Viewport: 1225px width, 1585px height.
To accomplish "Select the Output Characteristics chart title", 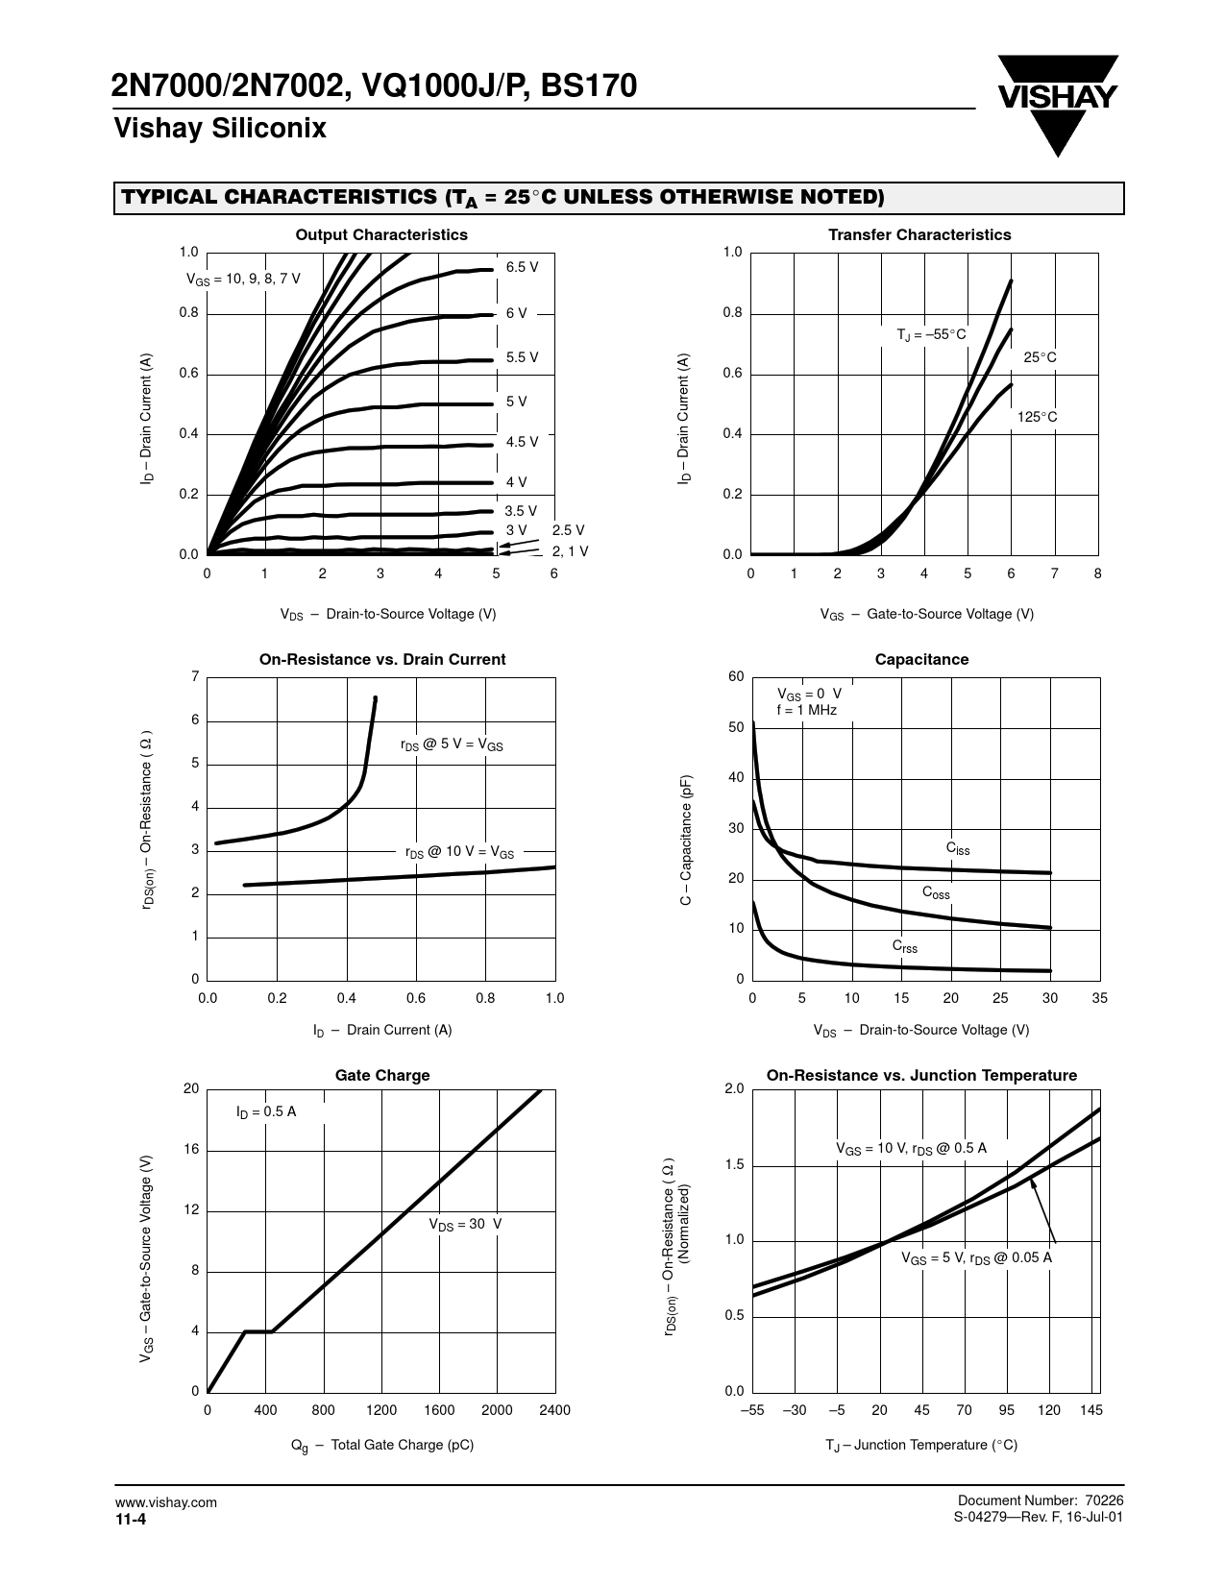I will [381, 234].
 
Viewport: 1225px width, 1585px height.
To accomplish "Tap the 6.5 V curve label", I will [522, 267].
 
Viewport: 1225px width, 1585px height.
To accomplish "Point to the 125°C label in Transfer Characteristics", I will [1037, 417].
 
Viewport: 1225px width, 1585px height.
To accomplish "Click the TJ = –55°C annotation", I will [931, 335].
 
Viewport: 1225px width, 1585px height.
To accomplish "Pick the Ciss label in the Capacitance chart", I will [958, 849].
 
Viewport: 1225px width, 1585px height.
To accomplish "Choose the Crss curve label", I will [904, 947].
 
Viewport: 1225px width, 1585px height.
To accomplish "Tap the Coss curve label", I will [936, 893].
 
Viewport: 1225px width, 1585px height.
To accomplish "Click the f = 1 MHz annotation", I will [806, 711].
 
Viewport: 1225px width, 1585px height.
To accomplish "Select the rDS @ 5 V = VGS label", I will [452, 744].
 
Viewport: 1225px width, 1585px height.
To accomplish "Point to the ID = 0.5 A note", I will [266, 1111].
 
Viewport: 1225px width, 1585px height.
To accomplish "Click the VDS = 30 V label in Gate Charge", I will [465, 1224].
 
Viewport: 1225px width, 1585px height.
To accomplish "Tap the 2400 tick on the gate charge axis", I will [554, 1410].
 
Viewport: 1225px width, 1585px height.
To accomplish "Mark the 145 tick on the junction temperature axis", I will [1090, 1410].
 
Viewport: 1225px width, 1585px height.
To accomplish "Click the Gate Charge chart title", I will [382, 1076].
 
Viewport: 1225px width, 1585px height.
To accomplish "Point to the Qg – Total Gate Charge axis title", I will [381, 1446].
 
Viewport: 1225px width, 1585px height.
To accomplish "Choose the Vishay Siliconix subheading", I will [220, 129].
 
